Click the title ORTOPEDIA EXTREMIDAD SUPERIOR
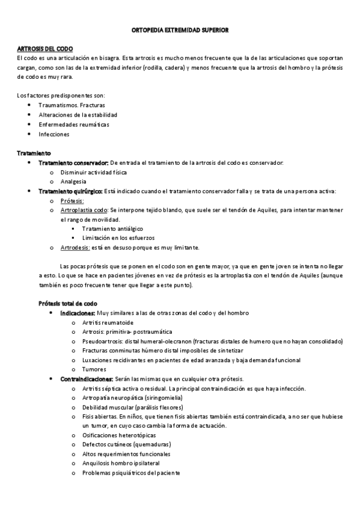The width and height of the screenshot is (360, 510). [180, 29]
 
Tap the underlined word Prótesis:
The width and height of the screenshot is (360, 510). [72, 201]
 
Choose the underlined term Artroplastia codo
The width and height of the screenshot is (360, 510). [84, 210]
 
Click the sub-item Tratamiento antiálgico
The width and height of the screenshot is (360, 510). [108, 229]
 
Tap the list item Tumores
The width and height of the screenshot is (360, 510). [94, 369]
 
